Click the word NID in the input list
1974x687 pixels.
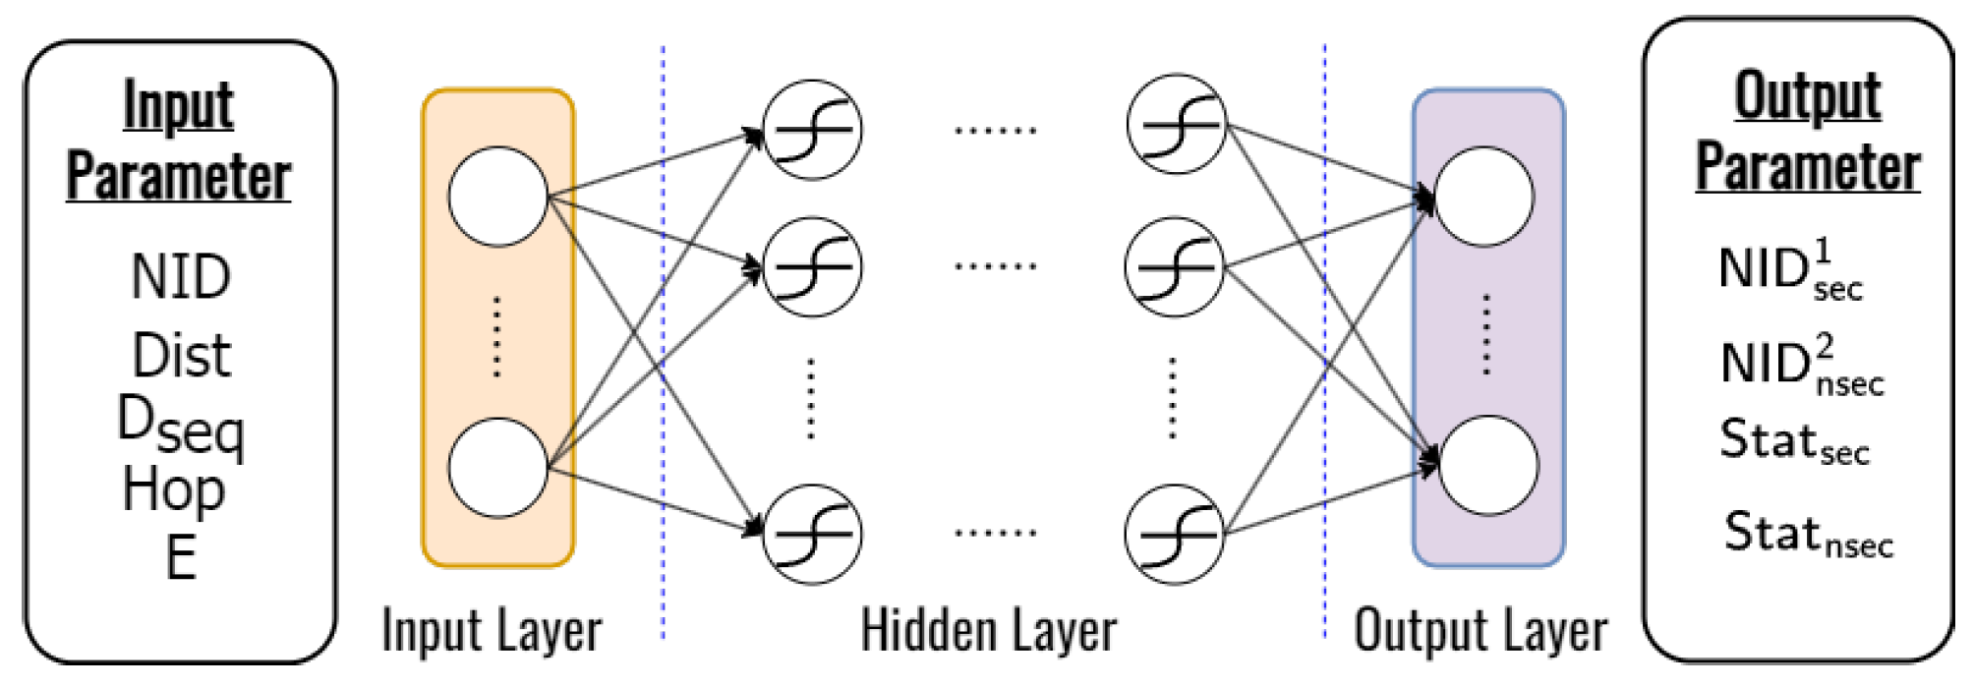[x=181, y=277]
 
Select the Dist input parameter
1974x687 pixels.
[x=182, y=356]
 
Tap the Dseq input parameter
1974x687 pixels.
[x=181, y=425]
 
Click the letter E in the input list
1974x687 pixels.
[x=181, y=557]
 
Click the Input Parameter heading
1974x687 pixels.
[x=179, y=141]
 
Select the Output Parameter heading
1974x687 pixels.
[x=1807, y=131]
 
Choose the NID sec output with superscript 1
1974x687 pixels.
[x=1790, y=269]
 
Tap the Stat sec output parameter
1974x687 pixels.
[x=1794, y=441]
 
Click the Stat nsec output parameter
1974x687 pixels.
[x=1808, y=535]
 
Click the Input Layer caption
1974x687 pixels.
[x=492, y=630]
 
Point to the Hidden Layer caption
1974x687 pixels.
[x=989, y=630]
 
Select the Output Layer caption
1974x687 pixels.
[x=1480, y=630]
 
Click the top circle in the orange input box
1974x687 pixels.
[x=497, y=197]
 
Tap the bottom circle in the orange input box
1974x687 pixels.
[x=497, y=467]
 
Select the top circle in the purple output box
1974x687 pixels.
[x=1483, y=197]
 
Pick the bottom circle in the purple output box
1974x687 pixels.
[x=1487, y=465]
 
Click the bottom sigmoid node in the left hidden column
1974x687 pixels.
[x=813, y=534]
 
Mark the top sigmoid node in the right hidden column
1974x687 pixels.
[x=1177, y=124]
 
